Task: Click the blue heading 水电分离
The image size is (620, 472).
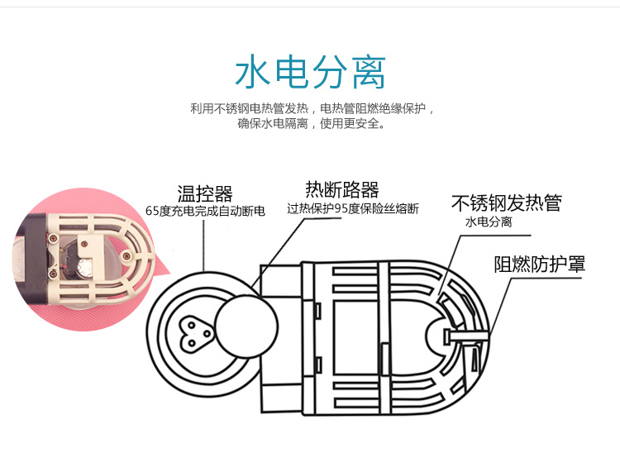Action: (x=310, y=73)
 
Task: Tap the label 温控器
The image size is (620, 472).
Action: (x=205, y=194)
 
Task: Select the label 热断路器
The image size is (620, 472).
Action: (x=342, y=189)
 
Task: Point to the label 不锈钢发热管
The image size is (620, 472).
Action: (x=507, y=203)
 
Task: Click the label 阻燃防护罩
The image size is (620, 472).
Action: (x=539, y=264)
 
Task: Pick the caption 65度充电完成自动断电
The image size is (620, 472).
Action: (x=205, y=211)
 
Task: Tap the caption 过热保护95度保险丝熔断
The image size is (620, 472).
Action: (x=353, y=208)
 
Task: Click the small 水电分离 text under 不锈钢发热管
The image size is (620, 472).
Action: (x=489, y=222)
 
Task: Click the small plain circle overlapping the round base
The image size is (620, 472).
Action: (x=246, y=327)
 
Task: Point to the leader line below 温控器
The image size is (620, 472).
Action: (x=203, y=246)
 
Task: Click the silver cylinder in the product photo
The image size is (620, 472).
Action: (x=84, y=268)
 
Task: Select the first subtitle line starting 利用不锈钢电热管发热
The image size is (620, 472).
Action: (x=312, y=108)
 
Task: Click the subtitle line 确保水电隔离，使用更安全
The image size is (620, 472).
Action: (x=311, y=124)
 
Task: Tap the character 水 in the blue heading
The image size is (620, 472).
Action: (x=253, y=73)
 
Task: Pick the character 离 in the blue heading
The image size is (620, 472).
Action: (x=369, y=73)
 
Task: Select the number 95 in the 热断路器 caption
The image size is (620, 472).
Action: (x=341, y=208)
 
